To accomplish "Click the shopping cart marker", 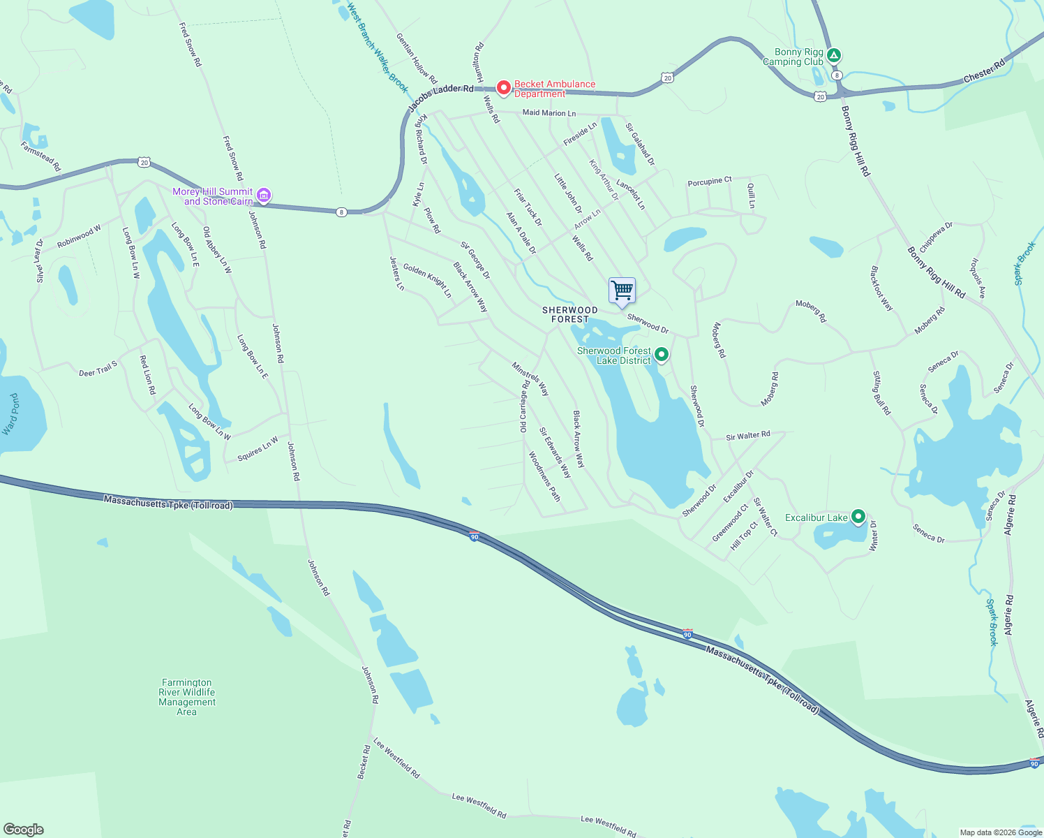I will pyautogui.click(x=622, y=290).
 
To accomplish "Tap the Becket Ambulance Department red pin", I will pyautogui.click(x=503, y=88).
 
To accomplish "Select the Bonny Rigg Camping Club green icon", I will pyautogui.click(x=833, y=55).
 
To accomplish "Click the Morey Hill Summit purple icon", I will pyautogui.click(x=264, y=196).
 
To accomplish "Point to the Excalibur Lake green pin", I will pyautogui.click(x=858, y=517).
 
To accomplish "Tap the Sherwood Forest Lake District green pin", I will pyautogui.click(x=662, y=355).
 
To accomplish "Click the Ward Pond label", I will pyautogui.click(x=12, y=414).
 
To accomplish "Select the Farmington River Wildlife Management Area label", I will pyautogui.click(x=187, y=697).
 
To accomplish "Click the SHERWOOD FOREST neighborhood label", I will pyautogui.click(x=570, y=314).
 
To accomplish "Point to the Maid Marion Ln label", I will pyautogui.click(x=549, y=112).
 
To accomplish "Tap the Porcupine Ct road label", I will pyautogui.click(x=710, y=182).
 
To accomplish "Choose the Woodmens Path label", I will pyautogui.click(x=544, y=476).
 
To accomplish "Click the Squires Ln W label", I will pyautogui.click(x=258, y=449).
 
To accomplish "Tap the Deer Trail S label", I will pyautogui.click(x=98, y=369).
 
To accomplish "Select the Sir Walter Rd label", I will pyautogui.click(x=748, y=436).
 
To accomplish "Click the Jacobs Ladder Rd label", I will pyautogui.click(x=440, y=97).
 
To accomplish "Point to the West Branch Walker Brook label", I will pyautogui.click(x=378, y=49).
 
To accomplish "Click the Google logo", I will pyautogui.click(x=24, y=829).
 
